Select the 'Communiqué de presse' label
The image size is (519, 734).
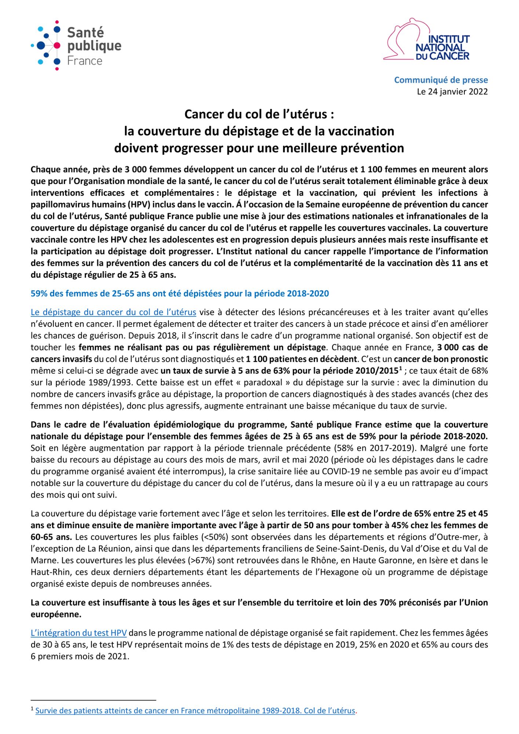(x=441, y=80)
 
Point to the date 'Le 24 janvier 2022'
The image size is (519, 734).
(x=452, y=92)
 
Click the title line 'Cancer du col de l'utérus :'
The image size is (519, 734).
(x=259, y=115)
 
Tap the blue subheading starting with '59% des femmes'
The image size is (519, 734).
(x=180, y=294)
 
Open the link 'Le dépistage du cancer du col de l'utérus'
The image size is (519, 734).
(x=113, y=312)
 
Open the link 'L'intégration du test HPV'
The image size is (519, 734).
(x=79, y=633)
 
